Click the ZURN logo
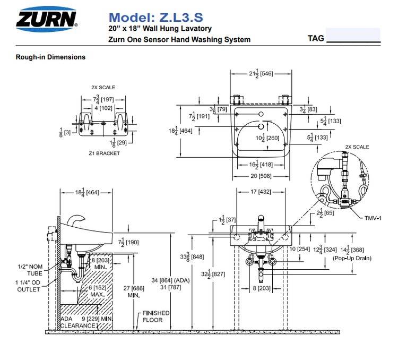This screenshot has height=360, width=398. coord(47,19)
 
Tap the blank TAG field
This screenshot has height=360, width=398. coord(353,36)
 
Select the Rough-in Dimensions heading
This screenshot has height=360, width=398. coord(50,57)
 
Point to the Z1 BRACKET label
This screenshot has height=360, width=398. coord(104,153)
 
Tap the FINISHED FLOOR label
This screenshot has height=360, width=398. coord(155,316)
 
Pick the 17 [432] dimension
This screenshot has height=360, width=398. coord(260,192)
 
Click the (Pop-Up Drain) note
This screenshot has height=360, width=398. coord(352,258)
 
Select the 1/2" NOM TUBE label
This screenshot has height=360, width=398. coord(30,269)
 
